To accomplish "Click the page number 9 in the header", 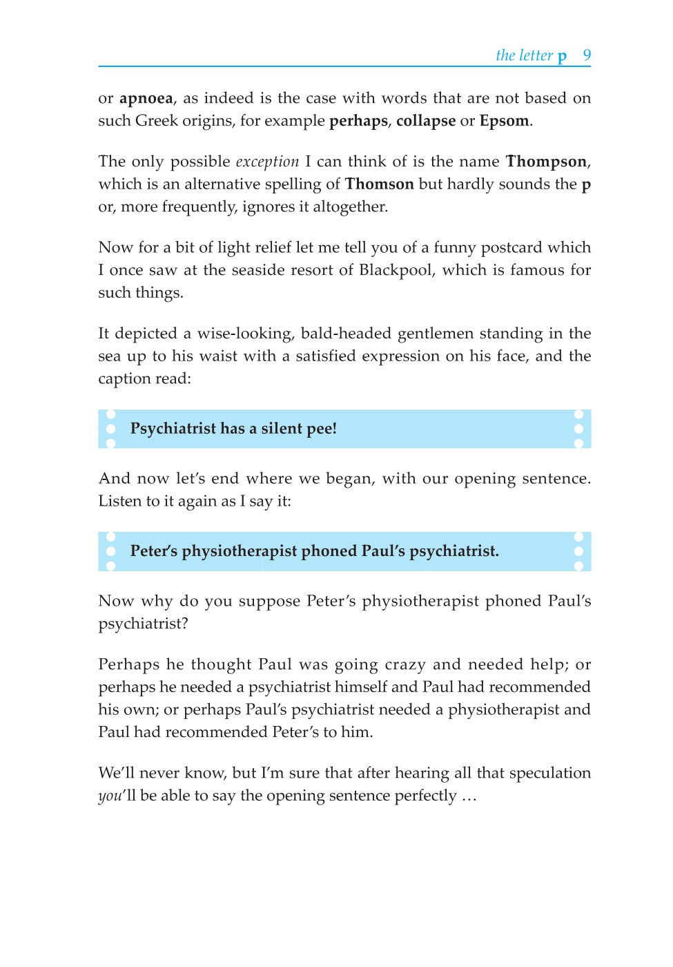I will click(x=587, y=55).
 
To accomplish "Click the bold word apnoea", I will click(x=146, y=99).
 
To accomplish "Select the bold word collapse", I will click(x=425, y=121).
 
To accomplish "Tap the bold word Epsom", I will click(x=504, y=121).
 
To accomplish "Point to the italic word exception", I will click(x=267, y=162).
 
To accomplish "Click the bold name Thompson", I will click(x=546, y=162).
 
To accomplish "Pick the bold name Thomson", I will click(x=379, y=184).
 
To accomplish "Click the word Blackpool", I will click(x=396, y=270).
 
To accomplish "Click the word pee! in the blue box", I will click(x=321, y=429).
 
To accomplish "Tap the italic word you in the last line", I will click(x=110, y=796).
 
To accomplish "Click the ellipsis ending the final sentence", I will click(x=469, y=796).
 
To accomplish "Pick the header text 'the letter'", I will click(x=524, y=55).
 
